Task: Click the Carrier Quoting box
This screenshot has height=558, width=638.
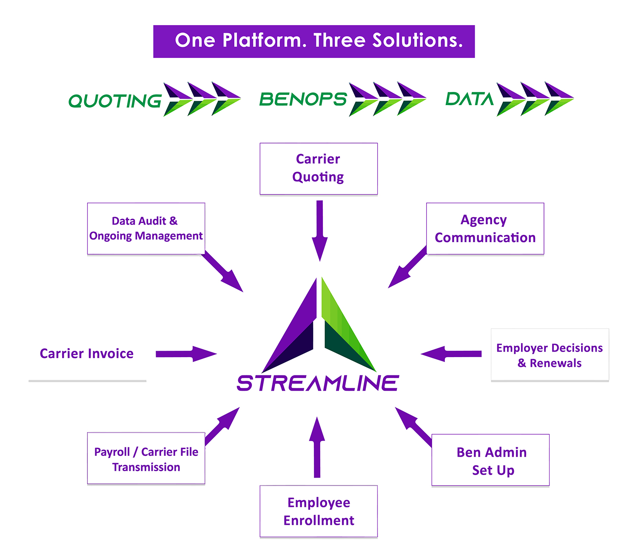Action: [319, 169]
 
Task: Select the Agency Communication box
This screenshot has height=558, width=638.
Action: [485, 229]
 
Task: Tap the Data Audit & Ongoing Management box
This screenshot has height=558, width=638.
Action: [146, 229]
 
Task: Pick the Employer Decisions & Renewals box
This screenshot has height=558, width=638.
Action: [550, 355]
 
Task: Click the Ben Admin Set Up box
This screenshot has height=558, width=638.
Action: [490, 460]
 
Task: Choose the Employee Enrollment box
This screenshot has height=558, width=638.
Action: [319, 511]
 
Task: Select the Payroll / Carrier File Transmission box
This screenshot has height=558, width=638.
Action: [146, 459]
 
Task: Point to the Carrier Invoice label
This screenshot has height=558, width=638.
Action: [87, 354]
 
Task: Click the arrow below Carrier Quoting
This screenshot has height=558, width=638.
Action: [319, 230]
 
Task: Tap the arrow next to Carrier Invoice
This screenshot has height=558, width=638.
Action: [186, 354]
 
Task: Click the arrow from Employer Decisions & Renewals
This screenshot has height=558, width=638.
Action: [451, 354]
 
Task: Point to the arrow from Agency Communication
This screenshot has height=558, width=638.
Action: [406, 268]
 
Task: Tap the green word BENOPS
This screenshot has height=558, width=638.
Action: [303, 100]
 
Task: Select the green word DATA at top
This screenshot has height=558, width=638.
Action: [469, 99]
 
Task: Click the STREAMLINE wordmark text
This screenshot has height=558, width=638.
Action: [318, 383]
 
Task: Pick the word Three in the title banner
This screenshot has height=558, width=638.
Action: [339, 41]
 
